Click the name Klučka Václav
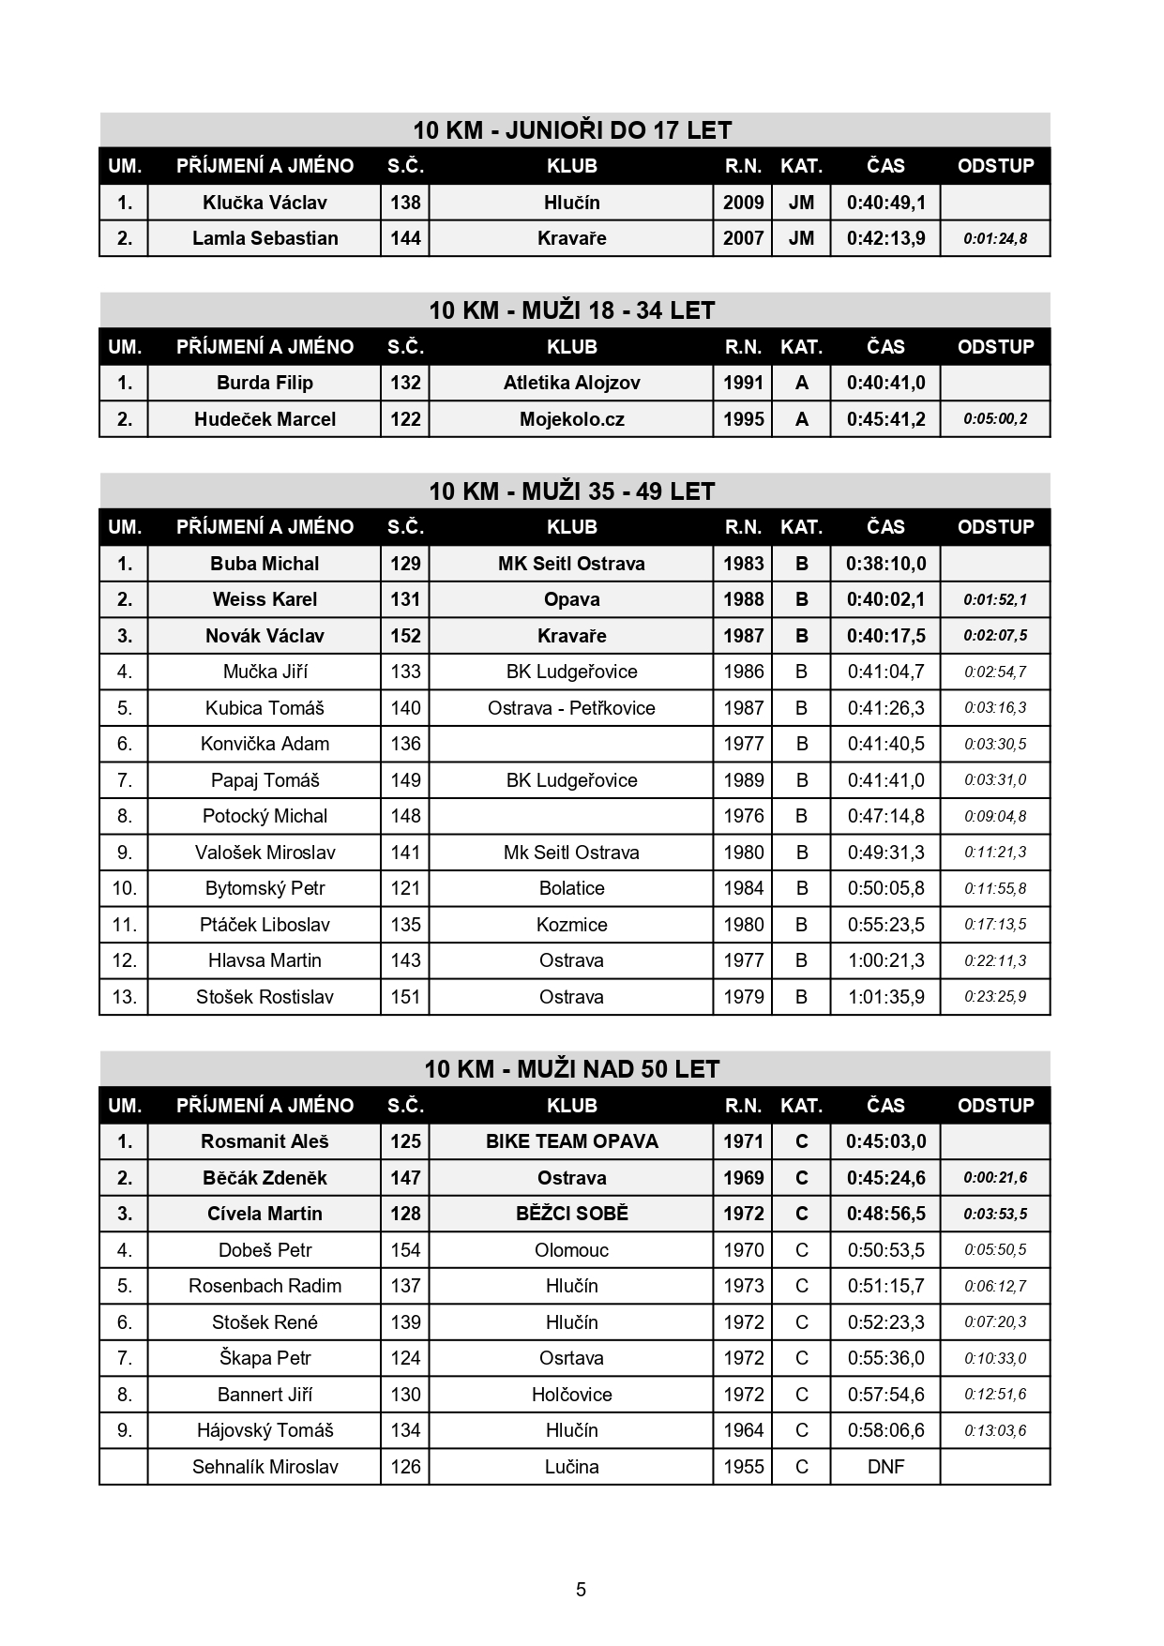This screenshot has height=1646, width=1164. (265, 203)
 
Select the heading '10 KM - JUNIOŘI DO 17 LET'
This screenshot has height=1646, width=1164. (572, 130)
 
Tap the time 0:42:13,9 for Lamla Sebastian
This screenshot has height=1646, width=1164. (885, 238)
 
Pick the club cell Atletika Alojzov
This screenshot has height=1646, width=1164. (571, 383)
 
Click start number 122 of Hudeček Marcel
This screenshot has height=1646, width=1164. (405, 419)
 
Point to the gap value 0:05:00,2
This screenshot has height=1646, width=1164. (995, 419)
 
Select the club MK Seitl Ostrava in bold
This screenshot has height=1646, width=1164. (571, 564)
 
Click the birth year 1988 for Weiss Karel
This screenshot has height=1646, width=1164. (743, 599)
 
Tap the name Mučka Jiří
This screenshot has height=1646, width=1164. (265, 672)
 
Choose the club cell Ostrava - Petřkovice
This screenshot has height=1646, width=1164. (571, 708)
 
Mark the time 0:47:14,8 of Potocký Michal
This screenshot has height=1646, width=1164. (885, 816)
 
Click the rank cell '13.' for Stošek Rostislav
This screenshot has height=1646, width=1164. (124, 997)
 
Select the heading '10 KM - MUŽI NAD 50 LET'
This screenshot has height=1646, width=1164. (572, 1069)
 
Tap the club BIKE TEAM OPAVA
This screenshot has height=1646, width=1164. (571, 1141)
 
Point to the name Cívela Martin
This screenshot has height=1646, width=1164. (265, 1214)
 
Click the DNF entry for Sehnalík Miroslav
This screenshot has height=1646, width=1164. (885, 1467)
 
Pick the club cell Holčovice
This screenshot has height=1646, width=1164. (571, 1395)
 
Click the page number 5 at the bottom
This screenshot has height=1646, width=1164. (582, 1590)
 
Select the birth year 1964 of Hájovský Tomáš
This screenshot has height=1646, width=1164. (743, 1430)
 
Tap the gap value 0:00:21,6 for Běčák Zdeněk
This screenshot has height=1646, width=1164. (995, 1178)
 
